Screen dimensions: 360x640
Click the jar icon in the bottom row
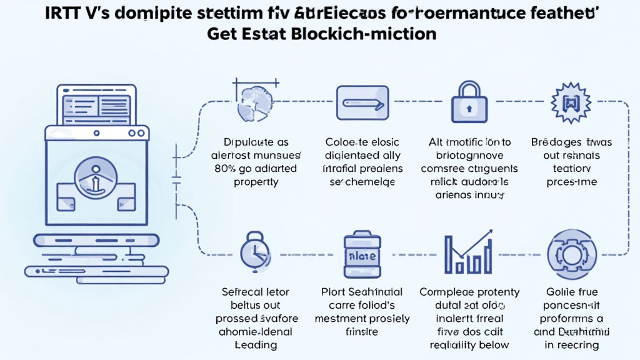coord(362,256)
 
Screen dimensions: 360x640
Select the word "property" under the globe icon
coord(256,182)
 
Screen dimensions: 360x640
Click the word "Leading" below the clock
coord(256,345)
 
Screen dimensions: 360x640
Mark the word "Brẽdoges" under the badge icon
coord(548,142)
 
